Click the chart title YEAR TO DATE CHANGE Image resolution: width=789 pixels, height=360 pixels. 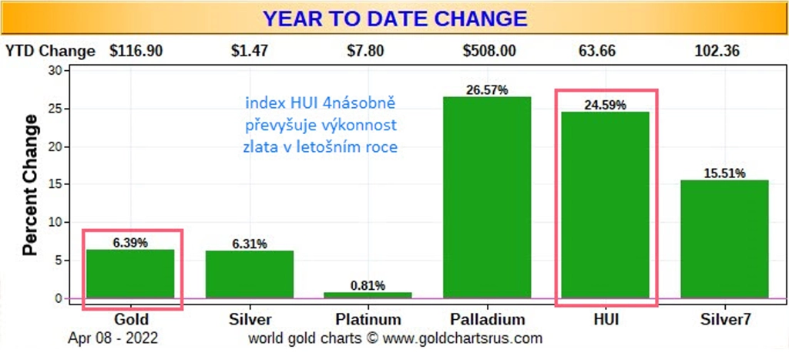click(x=395, y=19)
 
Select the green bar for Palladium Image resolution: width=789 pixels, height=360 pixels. click(x=487, y=197)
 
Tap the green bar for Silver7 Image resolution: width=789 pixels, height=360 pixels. click(x=724, y=239)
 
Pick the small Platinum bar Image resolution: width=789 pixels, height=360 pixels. click(x=368, y=295)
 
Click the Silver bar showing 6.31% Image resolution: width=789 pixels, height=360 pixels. click(x=249, y=274)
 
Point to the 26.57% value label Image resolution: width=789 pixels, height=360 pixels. click(x=487, y=91)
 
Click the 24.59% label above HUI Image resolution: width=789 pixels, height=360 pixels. click(x=606, y=106)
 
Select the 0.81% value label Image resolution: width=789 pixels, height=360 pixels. click(x=368, y=286)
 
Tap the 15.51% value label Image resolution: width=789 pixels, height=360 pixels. click(x=724, y=173)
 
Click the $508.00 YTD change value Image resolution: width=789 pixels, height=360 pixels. click(x=489, y=52)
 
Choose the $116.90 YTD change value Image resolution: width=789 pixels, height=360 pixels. click(x=136, y=52)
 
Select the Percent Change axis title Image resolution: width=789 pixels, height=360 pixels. click(x=31, y=185)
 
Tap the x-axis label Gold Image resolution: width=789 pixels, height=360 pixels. click(x=131, y=319)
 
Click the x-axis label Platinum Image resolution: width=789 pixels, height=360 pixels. click(x=368, y=319)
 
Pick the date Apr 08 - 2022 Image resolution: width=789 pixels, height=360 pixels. click(x=112, y=338)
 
